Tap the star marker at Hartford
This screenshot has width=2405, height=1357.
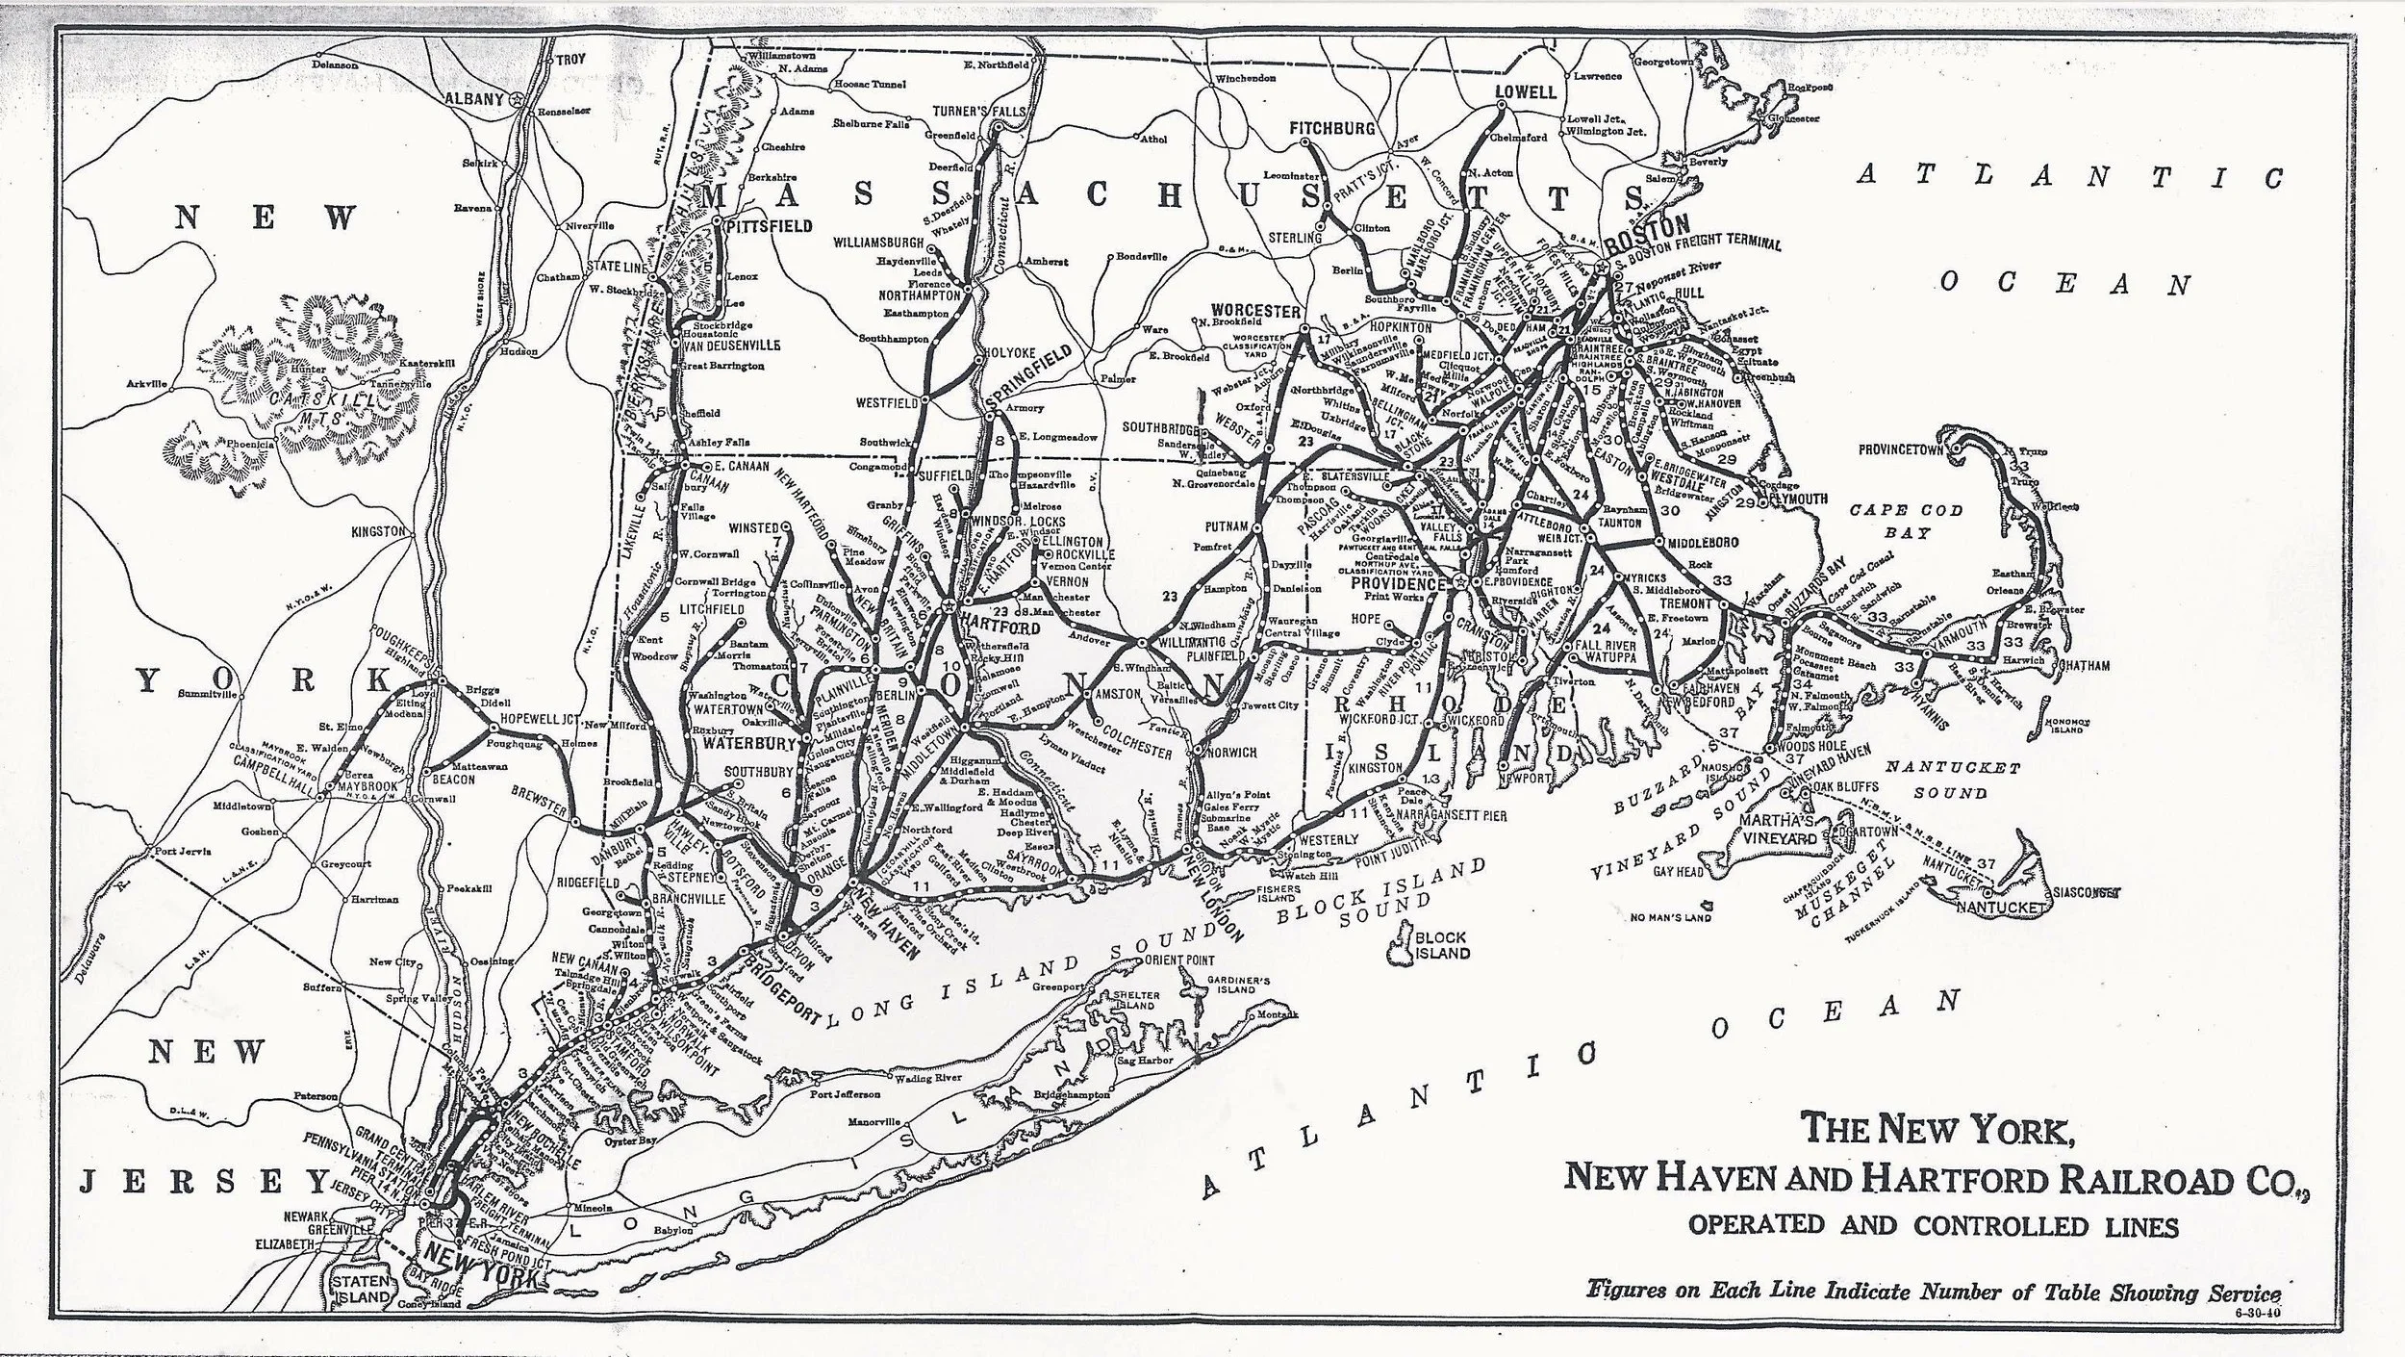pos(949,604)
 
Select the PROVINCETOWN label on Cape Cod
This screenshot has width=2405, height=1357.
pos(1902,449)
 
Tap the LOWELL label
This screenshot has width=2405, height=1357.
pos(1526,92)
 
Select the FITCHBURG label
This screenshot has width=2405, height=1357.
pos(1331,128)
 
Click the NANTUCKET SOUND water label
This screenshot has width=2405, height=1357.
pos(1951,781)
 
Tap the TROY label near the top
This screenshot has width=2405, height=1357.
pos(570,60)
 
